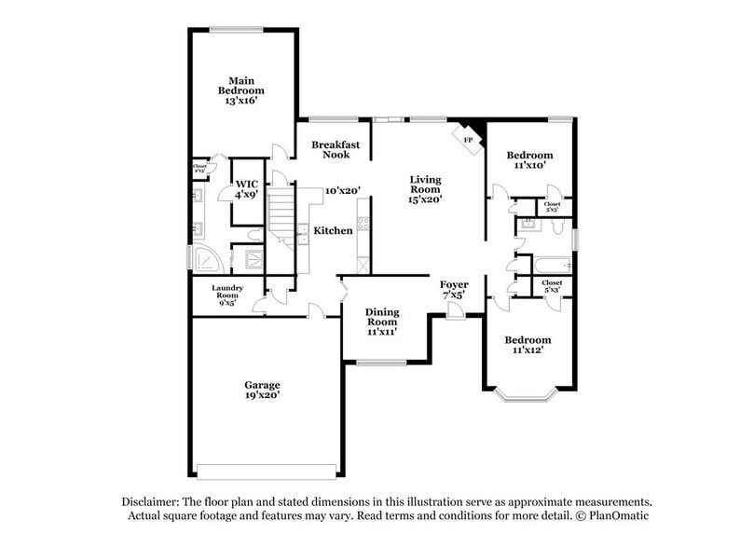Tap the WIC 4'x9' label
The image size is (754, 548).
coord(246,189)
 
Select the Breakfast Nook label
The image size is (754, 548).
coord(336,150)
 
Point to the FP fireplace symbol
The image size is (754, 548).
coord(469,139)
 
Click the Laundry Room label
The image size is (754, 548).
coord(226,295)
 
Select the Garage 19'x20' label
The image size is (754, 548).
coord(262,390)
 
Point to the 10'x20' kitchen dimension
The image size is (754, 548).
coord(342,191)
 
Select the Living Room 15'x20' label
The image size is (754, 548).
coord(425,188)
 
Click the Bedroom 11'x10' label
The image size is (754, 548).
coord(529,159)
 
